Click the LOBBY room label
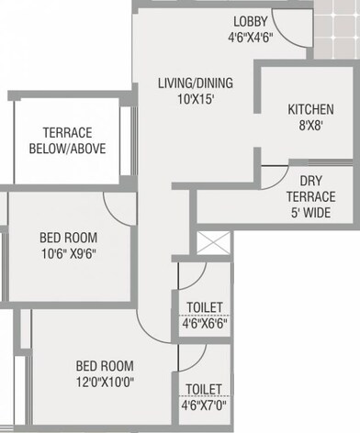250,21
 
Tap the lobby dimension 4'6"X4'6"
250,39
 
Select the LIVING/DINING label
196,83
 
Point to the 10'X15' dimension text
196,99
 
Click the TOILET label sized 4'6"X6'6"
204,307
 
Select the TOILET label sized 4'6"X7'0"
204,389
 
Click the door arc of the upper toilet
191,275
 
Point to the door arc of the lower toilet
191,358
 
